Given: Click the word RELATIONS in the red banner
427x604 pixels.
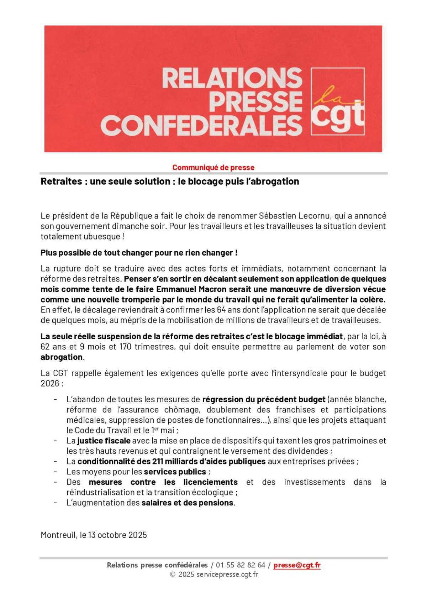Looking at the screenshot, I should pos(231,78).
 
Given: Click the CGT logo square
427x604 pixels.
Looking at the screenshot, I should pos(337,101).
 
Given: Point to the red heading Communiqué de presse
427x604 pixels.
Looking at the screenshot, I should pos(213,167).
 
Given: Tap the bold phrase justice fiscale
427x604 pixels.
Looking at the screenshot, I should pos(104,441).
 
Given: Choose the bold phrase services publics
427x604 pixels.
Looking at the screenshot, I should pos(175,472).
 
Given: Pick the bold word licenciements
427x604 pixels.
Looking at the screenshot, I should pos(210,482).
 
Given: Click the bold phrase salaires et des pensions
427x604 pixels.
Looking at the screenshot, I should pos(188,503).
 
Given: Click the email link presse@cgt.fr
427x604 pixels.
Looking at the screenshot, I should pos(297,565).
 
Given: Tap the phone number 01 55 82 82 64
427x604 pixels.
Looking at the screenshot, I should pos(241,565).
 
